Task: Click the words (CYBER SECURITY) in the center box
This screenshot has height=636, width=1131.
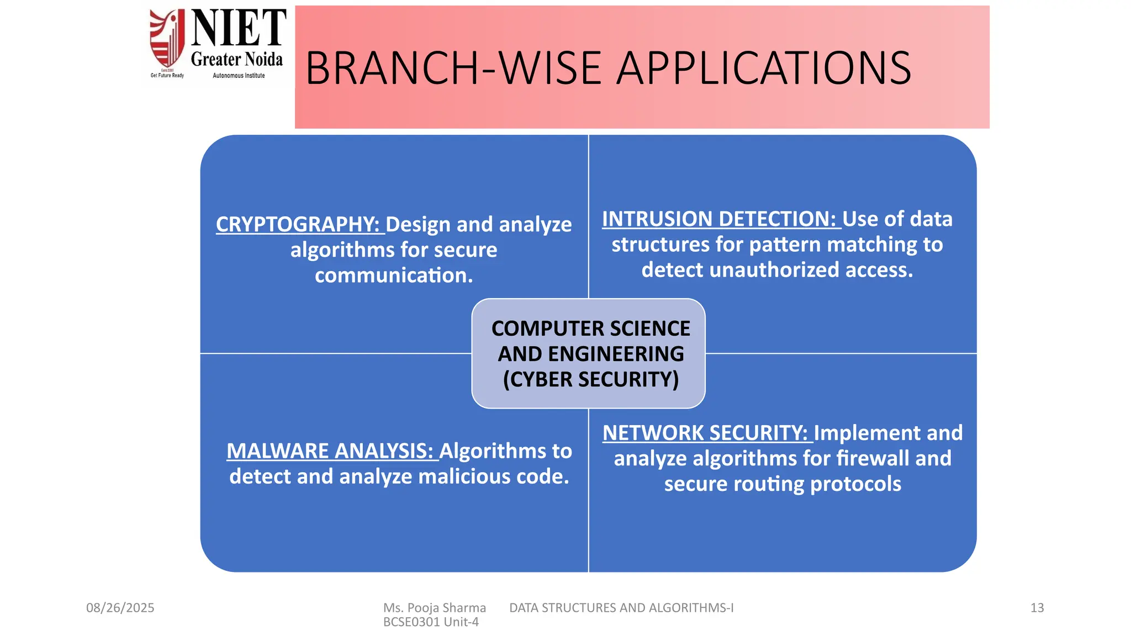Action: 590,380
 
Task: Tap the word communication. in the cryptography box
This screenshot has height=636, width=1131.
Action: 394,275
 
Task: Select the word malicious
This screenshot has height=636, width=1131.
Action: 464,476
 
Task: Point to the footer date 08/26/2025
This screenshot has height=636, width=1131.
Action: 120,608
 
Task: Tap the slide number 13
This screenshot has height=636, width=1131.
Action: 1037,608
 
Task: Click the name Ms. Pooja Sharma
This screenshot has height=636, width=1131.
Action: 434,608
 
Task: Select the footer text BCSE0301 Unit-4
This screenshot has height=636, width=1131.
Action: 431,622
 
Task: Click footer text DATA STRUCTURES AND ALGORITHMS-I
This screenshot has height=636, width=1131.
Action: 621,608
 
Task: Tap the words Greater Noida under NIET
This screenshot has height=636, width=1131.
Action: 236,59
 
